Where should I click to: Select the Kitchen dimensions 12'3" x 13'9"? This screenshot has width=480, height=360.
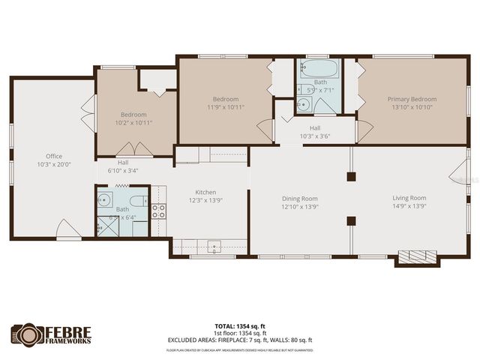click(205, 199)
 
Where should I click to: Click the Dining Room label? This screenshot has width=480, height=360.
click(300, 198)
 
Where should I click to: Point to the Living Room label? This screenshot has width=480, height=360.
click(409, 198)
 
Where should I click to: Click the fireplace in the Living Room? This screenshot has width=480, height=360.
click(416, 257)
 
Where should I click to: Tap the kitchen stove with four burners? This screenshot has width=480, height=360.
click(158, 211)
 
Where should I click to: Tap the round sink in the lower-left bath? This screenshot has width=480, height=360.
click(105, 199)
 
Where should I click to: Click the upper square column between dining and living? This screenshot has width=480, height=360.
click(350, 177)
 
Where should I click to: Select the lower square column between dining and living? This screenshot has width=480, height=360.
click(350, 220)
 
